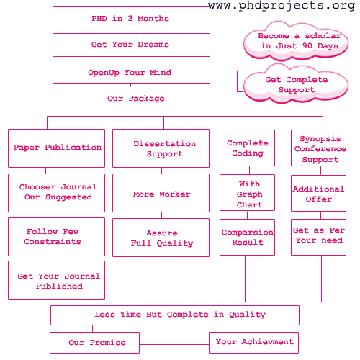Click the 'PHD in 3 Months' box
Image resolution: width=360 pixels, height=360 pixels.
131,19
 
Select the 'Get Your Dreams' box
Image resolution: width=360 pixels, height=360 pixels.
131,45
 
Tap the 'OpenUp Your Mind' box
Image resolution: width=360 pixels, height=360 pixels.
131,72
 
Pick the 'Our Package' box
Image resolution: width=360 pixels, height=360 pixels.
131,98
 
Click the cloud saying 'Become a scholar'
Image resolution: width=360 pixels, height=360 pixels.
296,41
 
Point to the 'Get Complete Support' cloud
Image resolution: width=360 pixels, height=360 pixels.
296,84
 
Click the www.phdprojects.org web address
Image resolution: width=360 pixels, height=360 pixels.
282,6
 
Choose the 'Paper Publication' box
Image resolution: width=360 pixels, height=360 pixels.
56,148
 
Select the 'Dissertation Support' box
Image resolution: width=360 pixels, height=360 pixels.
161,148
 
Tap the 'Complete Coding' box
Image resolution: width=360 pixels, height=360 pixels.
247,148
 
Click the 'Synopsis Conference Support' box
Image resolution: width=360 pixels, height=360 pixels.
318,148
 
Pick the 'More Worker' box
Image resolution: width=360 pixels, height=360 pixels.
161,193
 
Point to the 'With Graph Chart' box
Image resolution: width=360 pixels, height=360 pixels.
247,193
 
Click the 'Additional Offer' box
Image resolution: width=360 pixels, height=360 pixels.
318,193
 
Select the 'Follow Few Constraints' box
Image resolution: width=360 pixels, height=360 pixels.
56,237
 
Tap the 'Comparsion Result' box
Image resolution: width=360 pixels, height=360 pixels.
247,237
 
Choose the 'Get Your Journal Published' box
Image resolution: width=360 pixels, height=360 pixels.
56,280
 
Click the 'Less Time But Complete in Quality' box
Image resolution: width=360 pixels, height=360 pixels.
175,315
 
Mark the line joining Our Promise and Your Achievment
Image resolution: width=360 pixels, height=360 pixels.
174,345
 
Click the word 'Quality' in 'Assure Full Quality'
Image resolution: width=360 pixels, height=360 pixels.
175,243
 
